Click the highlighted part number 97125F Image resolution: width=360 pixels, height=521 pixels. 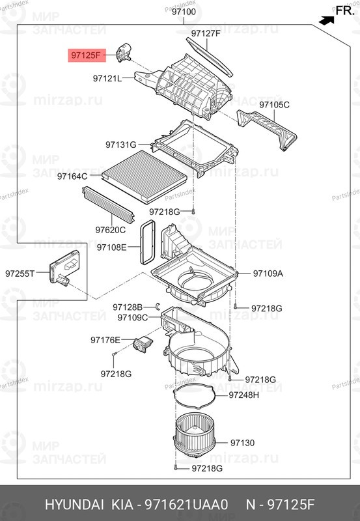tap(87, 55)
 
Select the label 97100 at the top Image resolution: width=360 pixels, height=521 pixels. tap(185, 12)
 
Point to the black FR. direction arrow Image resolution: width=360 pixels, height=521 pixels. tap(326, 21)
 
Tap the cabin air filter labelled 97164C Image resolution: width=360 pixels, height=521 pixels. tap(145, 176)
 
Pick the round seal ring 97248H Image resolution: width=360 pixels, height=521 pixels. tap(195, 395)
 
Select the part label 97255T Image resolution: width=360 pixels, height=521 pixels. tap(20, 274)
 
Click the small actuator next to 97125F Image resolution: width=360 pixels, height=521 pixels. tap(124, 53)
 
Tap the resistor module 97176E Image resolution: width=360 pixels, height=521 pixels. tap(143, 344)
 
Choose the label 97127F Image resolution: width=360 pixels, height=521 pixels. tap(206, 34)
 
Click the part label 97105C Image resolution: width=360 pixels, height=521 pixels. tap(274, 105)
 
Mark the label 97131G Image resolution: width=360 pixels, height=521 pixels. tap(121, 145)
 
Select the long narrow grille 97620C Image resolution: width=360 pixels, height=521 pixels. tap(108, 204)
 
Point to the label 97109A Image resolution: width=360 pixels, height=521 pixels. tap(268, 274)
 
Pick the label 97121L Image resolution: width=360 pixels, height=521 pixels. tap(107, 78)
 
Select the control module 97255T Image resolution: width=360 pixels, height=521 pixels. tap(64, 268)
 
